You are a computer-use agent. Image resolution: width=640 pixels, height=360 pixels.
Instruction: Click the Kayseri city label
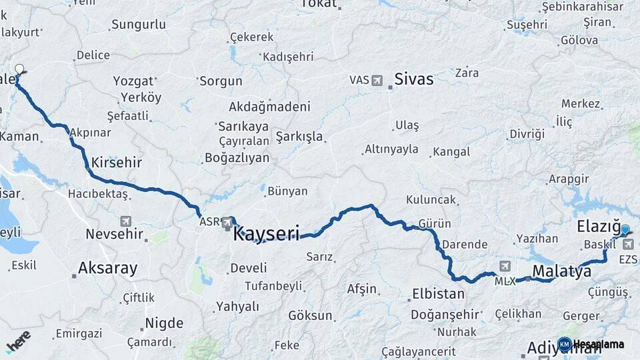266,233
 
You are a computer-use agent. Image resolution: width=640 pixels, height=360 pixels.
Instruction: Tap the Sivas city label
413,79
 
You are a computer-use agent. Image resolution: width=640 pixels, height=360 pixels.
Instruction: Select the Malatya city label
562,271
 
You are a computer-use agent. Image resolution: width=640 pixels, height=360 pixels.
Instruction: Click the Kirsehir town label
117,162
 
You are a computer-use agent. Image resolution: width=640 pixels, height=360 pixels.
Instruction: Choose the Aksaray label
107,268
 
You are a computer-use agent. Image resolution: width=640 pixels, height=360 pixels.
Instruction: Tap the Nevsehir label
115,234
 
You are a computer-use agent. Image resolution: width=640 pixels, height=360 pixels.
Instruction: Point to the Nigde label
164,323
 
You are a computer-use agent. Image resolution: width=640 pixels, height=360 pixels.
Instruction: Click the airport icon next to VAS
378,80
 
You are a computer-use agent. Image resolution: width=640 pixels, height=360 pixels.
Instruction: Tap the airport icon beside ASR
227,221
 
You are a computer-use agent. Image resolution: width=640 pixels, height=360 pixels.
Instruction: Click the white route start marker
19,69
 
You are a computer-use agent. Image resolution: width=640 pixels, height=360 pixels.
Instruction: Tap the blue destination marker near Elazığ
625,230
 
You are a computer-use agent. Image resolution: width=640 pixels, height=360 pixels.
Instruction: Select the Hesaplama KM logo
591,344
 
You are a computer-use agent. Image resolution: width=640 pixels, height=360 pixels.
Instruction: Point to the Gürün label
435,223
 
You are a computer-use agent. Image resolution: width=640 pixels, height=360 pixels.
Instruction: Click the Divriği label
527,134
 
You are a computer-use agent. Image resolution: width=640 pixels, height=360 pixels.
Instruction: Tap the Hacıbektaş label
97,193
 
